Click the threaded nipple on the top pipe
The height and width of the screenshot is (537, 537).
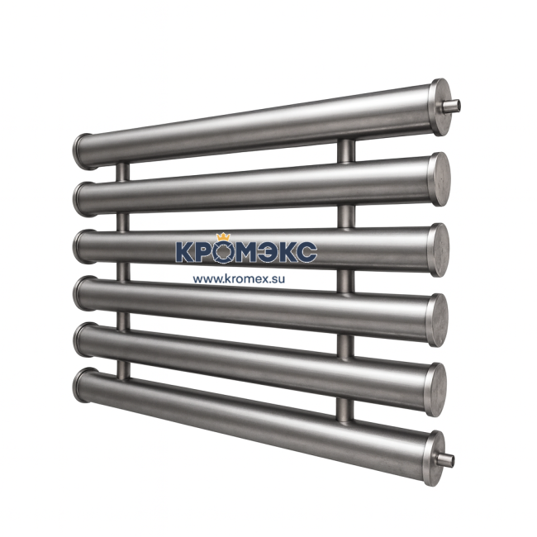[x=452, y=106]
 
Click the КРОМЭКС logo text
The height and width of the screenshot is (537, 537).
[x=245, y=252]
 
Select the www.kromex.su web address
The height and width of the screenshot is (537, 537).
[x=245, y=278]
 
